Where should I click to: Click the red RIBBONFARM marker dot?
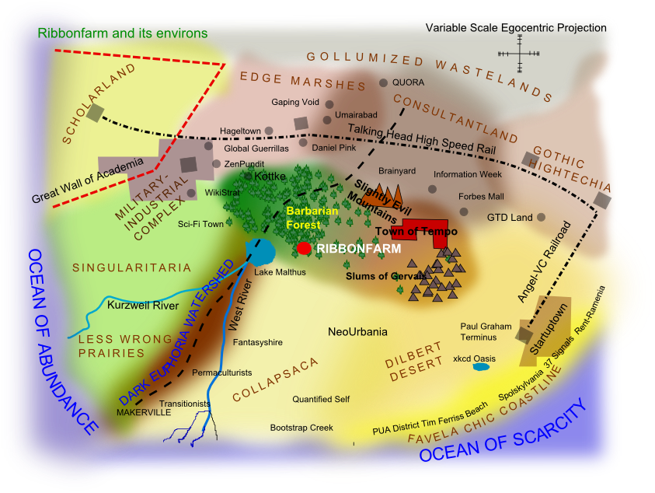304,248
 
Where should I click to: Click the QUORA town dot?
384,82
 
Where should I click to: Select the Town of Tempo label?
416,232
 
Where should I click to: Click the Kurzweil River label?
143,306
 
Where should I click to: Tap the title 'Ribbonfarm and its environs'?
123,33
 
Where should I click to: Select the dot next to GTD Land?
542,217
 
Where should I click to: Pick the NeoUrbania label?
357,332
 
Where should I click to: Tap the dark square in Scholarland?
95,113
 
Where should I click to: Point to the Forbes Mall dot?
464,211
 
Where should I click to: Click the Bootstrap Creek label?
301,428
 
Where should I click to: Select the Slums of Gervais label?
385,276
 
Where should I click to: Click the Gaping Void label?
295,102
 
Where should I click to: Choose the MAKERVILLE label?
144,412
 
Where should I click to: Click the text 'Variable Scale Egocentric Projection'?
516,28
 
